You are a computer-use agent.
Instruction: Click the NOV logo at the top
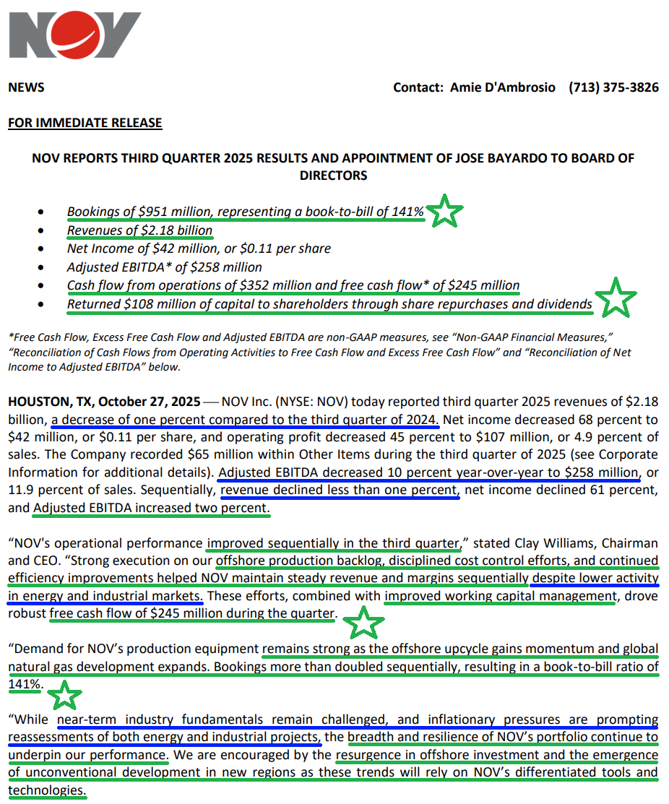pos(74,35)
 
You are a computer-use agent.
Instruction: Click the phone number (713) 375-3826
pos(613,87)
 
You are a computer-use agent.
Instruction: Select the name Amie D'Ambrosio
pos(503,87)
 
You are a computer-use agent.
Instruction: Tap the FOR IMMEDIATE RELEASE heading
pos(85,123)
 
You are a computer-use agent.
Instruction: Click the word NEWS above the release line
pos(26,87)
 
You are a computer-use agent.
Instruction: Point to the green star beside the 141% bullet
pos(445,212)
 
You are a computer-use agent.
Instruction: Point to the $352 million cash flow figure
pos(232,285)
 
